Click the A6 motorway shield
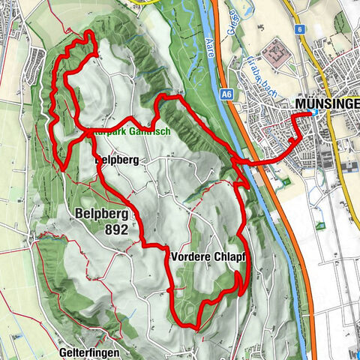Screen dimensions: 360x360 (x=226, y=94)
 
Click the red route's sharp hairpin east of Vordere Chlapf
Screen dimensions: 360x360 (x=240, y=275)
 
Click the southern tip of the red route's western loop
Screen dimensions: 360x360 (x=64, y=168)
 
